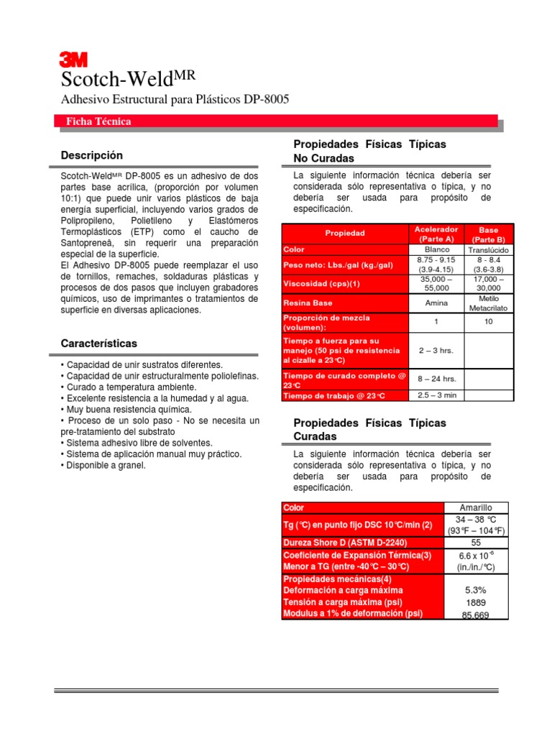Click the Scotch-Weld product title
[126, 78]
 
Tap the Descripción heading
[92, 155]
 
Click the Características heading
[99, 344]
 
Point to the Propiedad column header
[345, 233]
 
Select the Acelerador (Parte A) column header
[436, 234]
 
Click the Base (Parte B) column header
[488, 234]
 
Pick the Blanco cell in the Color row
[436, 249]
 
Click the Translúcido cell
[488, 249]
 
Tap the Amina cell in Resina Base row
[436, 303]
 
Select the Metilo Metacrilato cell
[488, 303]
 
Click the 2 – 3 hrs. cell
[436, 350]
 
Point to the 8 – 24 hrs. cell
[436, 378]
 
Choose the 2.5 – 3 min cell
[436, 395]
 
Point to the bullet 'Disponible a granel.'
[103, 466]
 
